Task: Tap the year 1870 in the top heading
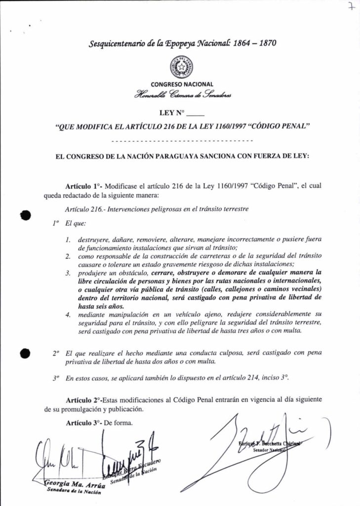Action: (261, 42)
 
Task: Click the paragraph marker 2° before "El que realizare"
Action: (56, 354)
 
